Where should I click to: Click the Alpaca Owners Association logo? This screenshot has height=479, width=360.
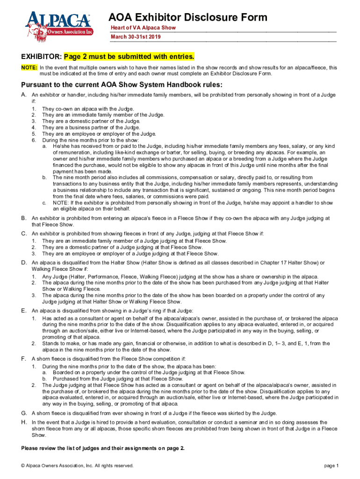click(59, 27)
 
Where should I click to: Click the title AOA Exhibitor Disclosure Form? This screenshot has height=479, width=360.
click(188, 18)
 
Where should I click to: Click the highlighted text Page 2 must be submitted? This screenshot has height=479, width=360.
click(129, 57)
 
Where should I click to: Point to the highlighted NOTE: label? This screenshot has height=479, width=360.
click(29, 68)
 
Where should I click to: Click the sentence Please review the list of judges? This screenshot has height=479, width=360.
click(103, 448)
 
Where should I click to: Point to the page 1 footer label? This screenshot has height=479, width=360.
click(331, 465)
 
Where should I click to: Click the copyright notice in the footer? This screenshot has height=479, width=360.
click(78, 465)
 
